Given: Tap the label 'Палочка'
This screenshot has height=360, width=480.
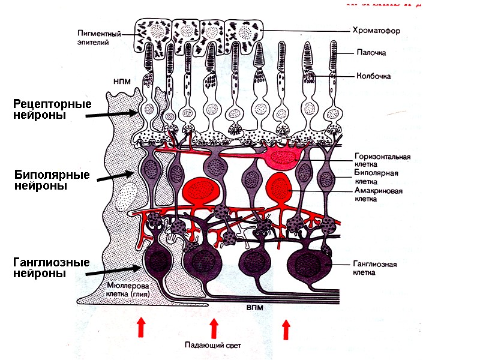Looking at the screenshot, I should click(x=370, y=53).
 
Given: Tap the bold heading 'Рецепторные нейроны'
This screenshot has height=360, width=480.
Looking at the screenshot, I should click(x=52, y=110).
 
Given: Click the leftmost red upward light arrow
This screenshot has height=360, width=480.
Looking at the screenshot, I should click(x=141, y=327).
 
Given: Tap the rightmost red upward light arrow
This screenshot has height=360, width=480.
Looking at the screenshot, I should click(x=286, y=329).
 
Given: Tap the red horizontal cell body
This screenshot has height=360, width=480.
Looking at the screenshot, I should click(x=280, y=158).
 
